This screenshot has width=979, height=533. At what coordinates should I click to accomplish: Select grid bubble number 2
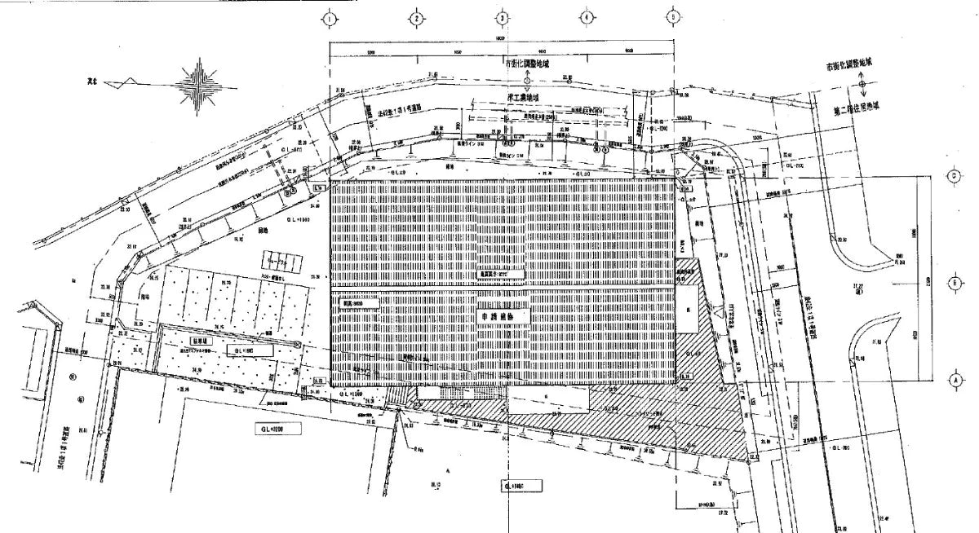(x=416, y=17)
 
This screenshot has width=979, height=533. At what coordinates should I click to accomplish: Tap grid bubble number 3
(x=503, y=17)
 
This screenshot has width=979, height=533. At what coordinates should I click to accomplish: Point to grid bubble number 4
(x=587, y=17)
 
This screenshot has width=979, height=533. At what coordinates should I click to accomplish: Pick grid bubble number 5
(x=674, y=17)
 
